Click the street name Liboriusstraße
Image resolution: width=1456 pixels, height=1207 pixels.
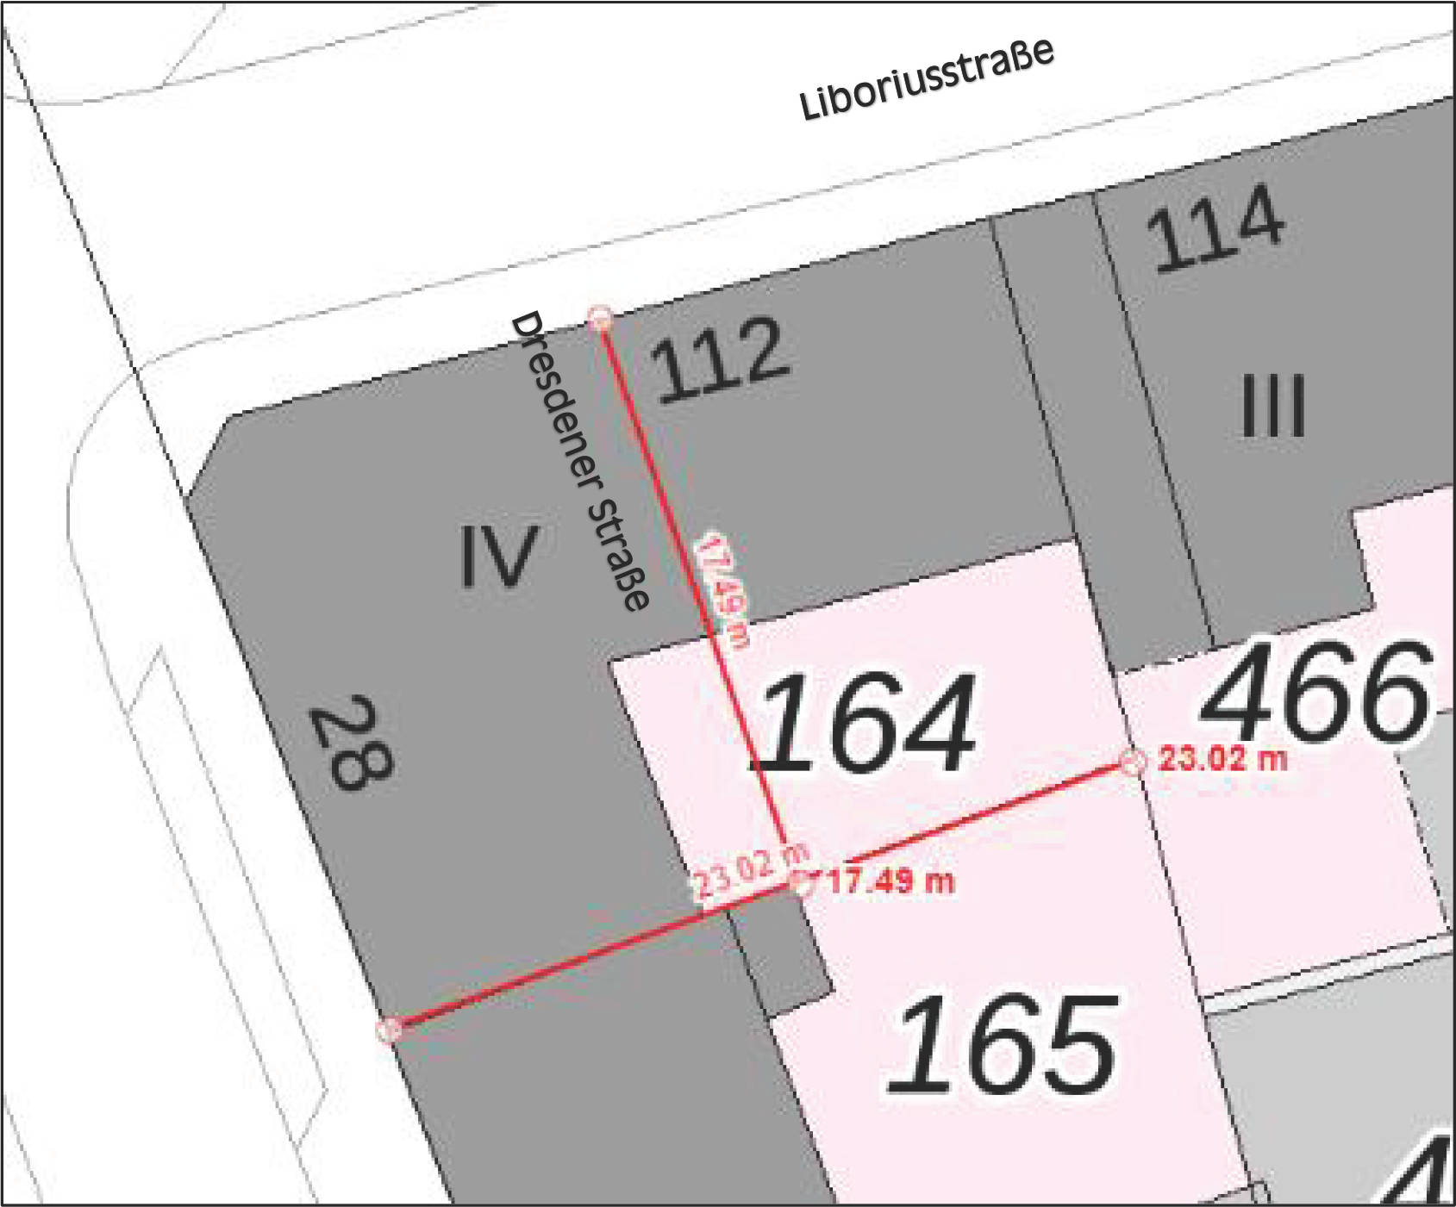[927, 79]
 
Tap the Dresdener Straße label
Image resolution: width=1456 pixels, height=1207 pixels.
[579, 461]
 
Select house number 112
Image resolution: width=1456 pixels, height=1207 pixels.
[719, 360]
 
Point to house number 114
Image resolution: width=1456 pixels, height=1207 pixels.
[1215, 228]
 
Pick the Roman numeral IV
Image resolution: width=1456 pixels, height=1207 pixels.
[498, 556]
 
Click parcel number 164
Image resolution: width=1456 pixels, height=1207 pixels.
[866, 724]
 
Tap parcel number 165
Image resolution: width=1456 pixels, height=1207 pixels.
[1003, 1044]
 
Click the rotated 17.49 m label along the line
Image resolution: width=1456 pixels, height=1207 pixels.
[722, 589]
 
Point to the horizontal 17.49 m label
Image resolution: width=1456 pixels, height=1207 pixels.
[891, 881]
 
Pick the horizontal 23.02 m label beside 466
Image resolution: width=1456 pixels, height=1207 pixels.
[1222, 759]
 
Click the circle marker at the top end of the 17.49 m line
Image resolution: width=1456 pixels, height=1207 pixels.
[600, 318]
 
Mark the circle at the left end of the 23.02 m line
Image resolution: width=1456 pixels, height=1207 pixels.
[390, 1029]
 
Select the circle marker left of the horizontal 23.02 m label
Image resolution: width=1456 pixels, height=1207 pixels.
[1133, 762]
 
